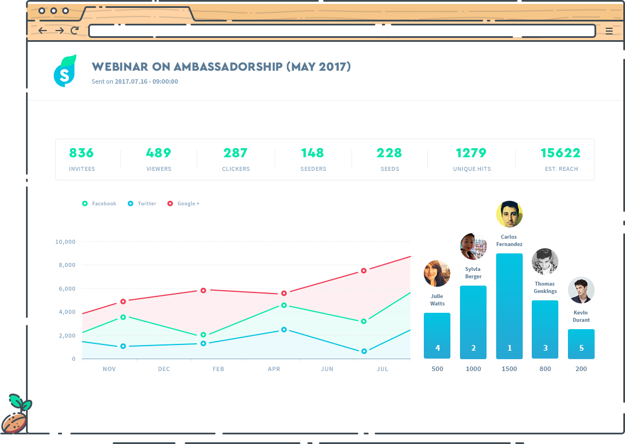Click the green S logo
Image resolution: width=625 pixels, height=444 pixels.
(64, 71)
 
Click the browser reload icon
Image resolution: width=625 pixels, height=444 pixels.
(75, 31)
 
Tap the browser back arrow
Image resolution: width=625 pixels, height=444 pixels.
(42, 31)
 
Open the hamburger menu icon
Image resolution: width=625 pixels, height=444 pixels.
(609, 31)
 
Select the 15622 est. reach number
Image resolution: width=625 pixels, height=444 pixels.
(560, 153)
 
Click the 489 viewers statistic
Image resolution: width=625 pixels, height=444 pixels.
(158, 153)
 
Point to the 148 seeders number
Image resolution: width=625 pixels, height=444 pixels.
(312, 153)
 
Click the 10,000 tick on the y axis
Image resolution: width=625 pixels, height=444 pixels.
(65, 242)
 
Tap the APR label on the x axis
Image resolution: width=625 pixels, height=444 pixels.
(274, 369)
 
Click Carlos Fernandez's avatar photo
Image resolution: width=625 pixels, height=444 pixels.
(509, 214)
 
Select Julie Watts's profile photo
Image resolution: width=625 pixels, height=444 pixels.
(437, 273)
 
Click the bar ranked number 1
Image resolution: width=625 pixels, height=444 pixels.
(509, 305)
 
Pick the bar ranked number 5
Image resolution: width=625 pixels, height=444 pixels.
(581, 344)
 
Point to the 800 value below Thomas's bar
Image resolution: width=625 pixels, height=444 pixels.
(545, 369)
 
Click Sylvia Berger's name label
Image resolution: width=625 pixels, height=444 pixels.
(474, 273)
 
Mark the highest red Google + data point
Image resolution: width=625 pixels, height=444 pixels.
(364, 271)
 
